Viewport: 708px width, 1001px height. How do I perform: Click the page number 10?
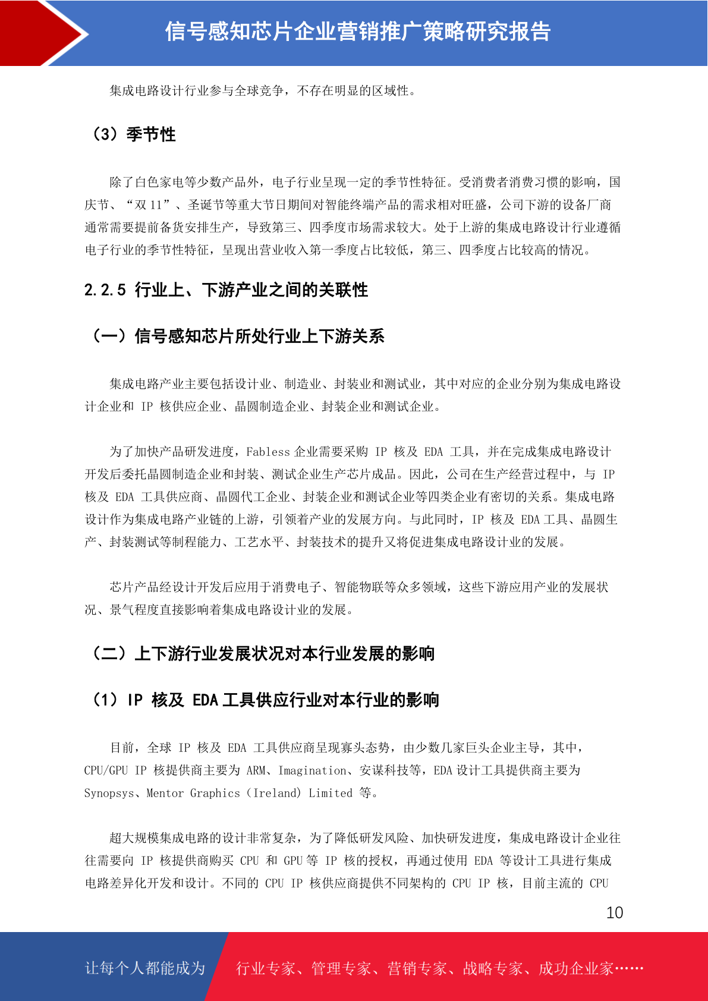tap(615, 912)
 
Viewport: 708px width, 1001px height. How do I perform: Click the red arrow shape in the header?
tap(42, 33)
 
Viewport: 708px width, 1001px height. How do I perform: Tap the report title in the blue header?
tap(358, 32)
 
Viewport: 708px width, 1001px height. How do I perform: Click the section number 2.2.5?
tap(105, 290)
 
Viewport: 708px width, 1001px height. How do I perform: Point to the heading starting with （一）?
tap(237, 336)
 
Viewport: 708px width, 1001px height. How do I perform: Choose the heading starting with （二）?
tap(262, 654)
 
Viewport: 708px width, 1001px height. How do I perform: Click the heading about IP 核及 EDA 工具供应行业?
tap(265, 700)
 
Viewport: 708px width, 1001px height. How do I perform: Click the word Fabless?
tap(268, 452)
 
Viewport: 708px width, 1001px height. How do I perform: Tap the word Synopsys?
tap(109, 793)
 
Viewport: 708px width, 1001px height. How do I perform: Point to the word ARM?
tap(256, 770)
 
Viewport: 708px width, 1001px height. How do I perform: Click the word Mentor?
tap(165, 793)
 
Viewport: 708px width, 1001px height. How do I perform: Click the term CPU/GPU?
tap(106, 770)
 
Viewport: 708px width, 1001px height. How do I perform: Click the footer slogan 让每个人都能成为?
tap(145, 968)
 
